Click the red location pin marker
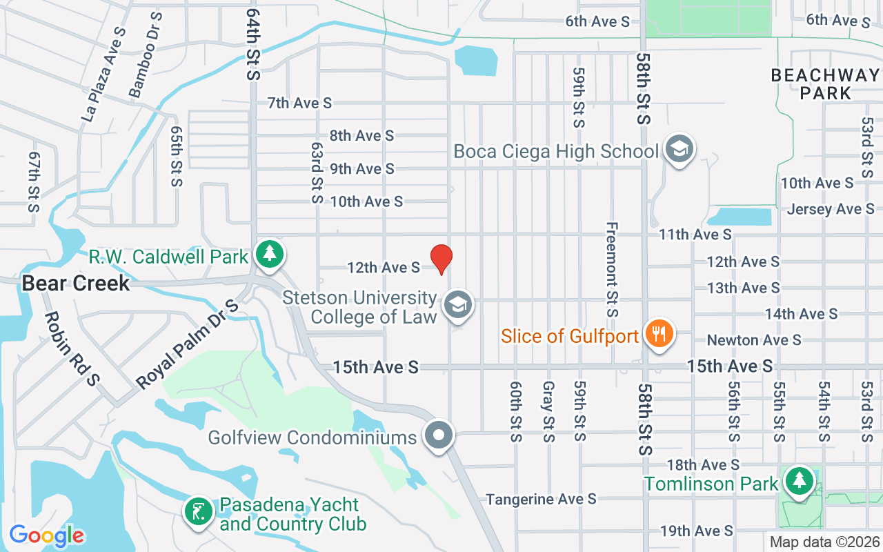[x=441, y=259]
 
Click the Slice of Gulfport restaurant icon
[x=659, y=335]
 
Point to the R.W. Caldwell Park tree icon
[x=269, y=255]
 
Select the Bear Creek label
[x=76, y=283]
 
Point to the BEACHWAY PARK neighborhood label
[x=825, y=83]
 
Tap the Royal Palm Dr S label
[x=187, y=344]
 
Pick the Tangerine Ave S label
[x=541, y=499]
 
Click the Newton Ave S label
[x=754, y=340]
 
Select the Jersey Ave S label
[x=830, y=209]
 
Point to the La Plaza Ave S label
[x=103, y=75]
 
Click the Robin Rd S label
[x=72, y=348]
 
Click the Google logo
[x=47, y=535]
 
